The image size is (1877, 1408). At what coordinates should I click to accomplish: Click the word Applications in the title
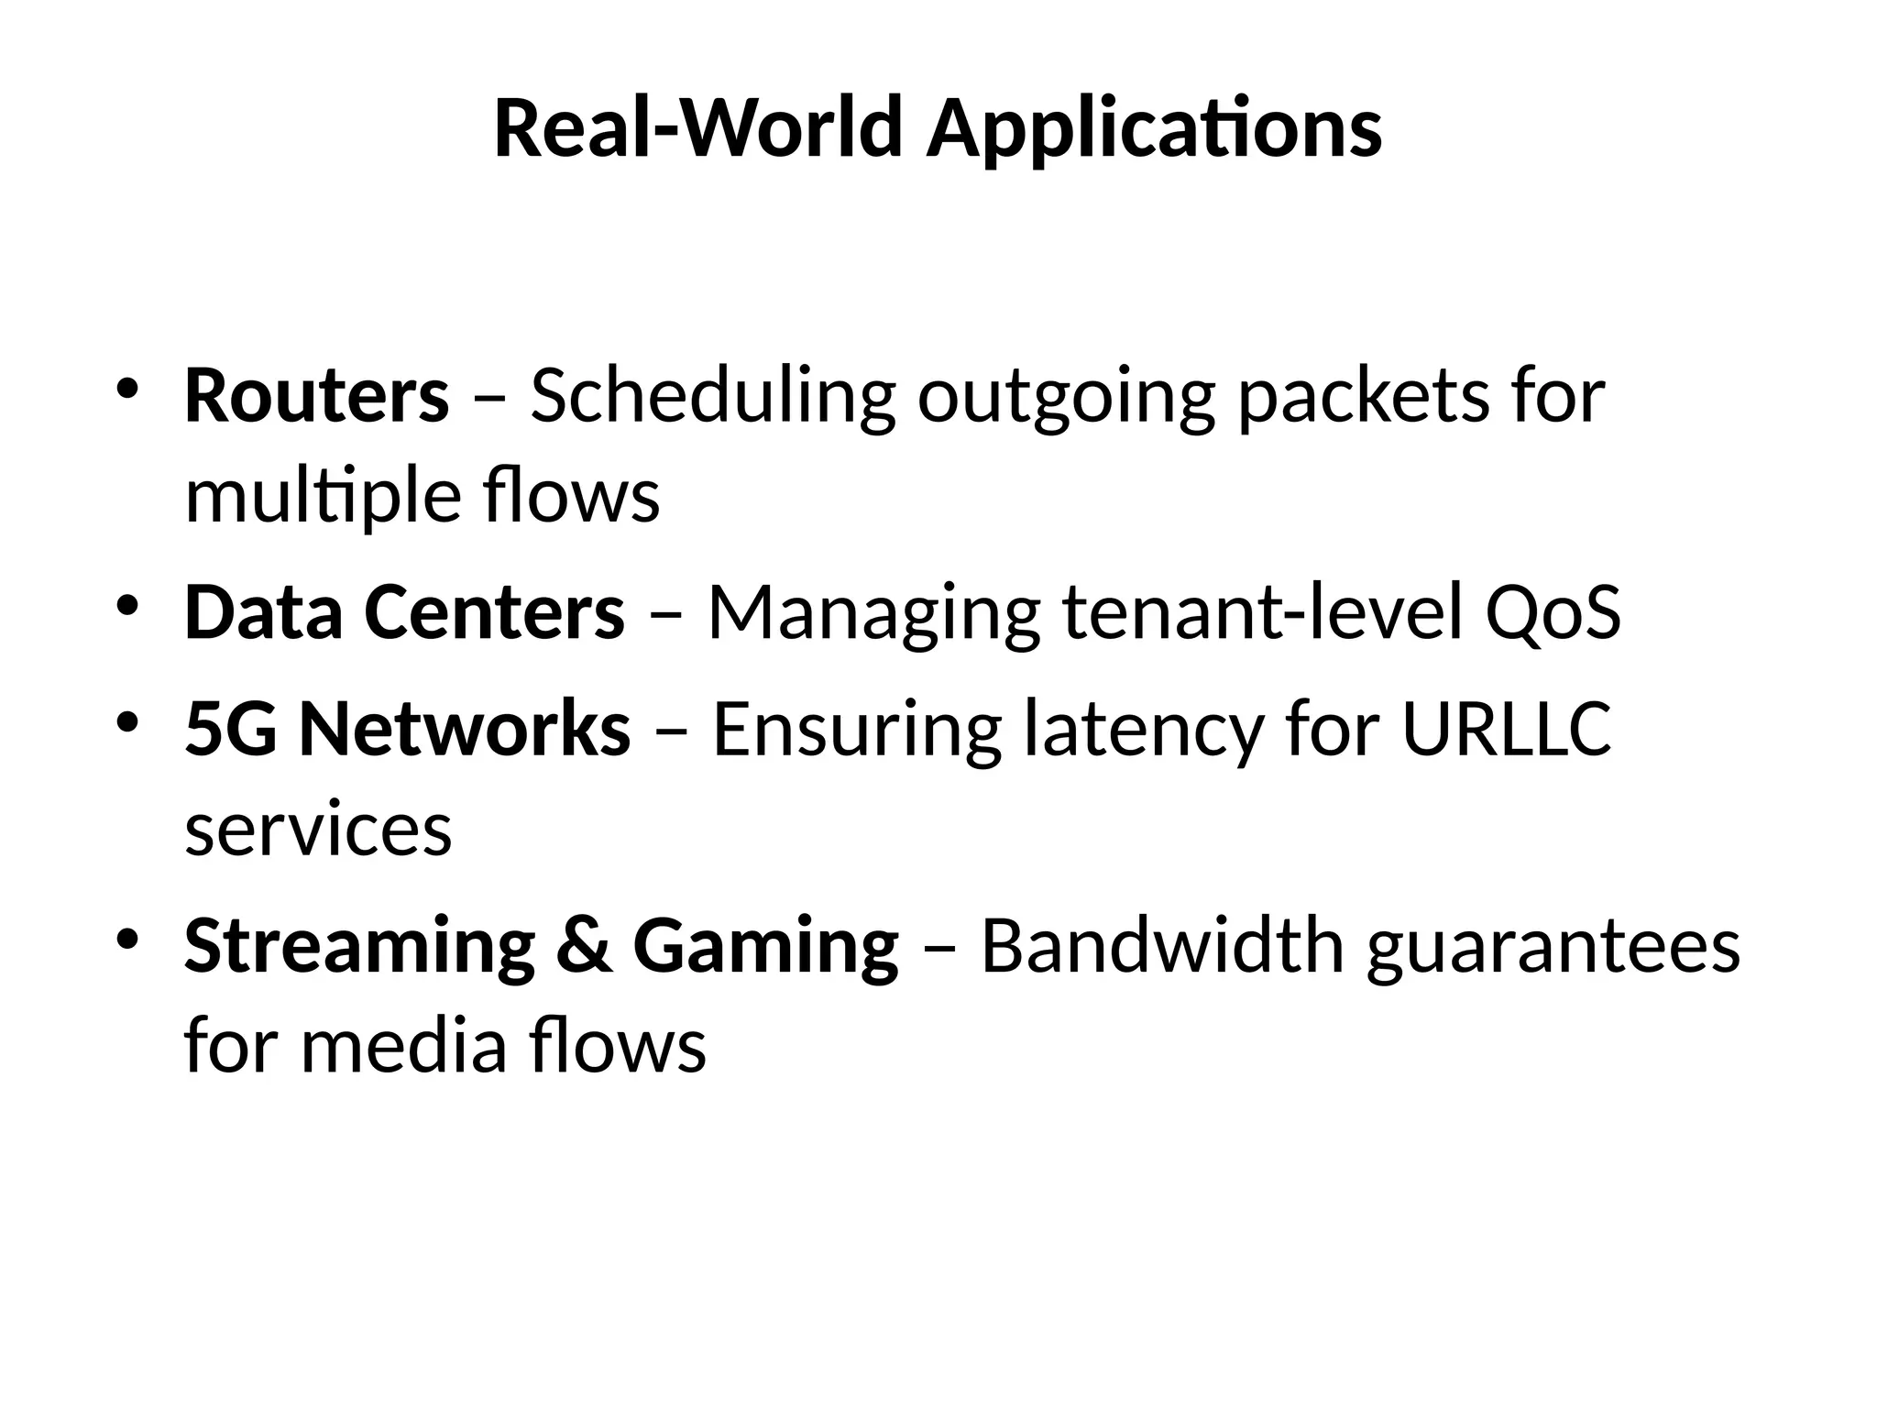click(x=1154, y=131)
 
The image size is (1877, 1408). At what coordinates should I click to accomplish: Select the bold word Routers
click(x=317, y=397)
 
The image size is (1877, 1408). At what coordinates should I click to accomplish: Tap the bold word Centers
click(x=495, y=612)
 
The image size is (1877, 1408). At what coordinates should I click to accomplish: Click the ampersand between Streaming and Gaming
click(x=584, y=946)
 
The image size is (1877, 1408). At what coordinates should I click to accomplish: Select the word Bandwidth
click(x=1162, y=946)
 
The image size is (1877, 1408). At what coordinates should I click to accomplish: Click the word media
click(x=403, y=1046)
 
